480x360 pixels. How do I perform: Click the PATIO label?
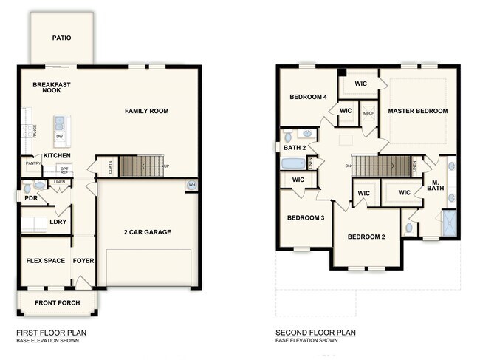point(61,38)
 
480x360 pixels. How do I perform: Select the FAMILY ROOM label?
point(146,111)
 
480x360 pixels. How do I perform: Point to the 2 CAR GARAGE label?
point(147,232)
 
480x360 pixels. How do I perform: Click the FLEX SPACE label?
point(45,260)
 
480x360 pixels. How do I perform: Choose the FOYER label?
point(83,260)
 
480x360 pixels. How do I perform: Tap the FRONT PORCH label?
point(57,302)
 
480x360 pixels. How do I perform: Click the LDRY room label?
point(58,221)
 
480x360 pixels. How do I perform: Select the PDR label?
point(30,198)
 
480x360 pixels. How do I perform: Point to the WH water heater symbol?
point(192,185)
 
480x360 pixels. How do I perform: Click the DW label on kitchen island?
point(58,137)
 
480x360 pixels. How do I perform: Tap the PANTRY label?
point(32,163)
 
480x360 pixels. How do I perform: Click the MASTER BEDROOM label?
point(418,111)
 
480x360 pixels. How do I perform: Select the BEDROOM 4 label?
point(307,97)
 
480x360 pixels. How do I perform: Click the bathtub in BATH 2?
point(293,163)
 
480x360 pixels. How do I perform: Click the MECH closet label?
point(368,113)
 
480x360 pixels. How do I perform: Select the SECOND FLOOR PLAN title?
point(315,333)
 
